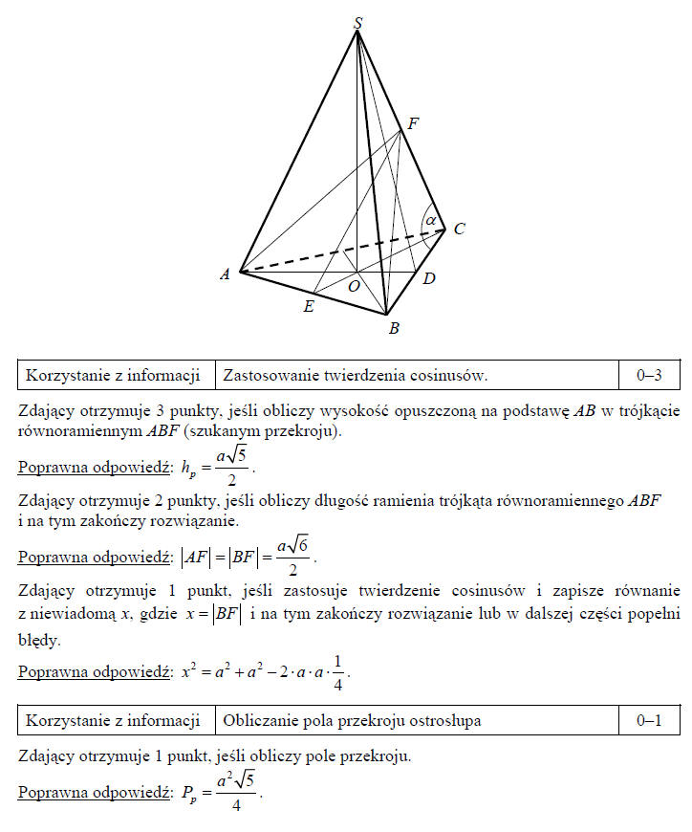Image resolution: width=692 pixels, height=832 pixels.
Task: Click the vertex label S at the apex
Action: click(x=357, y=21)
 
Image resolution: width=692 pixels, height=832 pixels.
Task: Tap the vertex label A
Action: click(x=226, y=274)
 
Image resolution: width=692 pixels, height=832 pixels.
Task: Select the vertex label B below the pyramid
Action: click(x=394, y=329)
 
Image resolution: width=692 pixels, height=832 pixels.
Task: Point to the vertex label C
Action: click(x=459, y=230)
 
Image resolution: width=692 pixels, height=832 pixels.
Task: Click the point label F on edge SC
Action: click(x=414, y=123)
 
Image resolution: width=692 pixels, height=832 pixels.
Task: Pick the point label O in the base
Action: click(x=353, y=286)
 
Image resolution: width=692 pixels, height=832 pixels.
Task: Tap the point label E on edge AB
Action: click(x=308, y=307)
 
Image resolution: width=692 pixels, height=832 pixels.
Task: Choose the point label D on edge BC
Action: click(x=429, y=278)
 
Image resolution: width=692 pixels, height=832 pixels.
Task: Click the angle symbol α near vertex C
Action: click(x=432, y=219)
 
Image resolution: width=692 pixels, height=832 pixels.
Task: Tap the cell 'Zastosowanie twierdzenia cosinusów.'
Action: click(x=356, y=376)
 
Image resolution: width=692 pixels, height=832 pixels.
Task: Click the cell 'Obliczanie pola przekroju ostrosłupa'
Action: click(x=352, y=721)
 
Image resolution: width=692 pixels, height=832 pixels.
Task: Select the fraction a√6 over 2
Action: click(x=294, y=554)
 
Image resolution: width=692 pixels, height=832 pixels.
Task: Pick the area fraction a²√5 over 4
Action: click(x=236, y=794)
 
